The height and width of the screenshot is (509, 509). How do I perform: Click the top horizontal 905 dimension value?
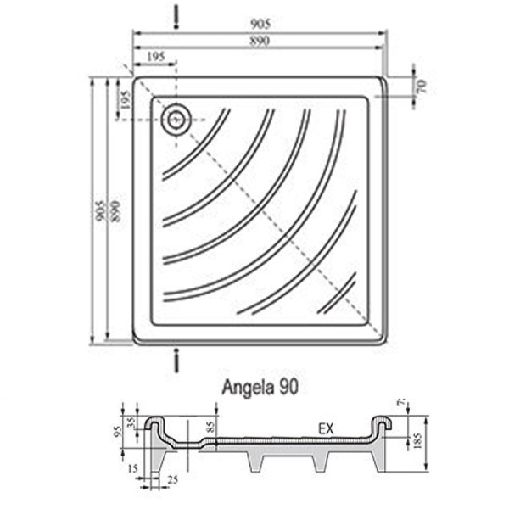pyautogui.click(x=260, y=25)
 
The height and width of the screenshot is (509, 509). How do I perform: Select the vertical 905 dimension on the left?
pyautogui.click(x=100, y=211)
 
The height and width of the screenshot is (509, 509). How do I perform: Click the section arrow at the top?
pyautogui.click(x=176, y=14)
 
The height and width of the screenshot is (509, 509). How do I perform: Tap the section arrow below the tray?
pyautogui.click(x=176, y=360)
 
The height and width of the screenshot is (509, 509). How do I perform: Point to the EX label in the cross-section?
pyautogui.click(x=327, y=428)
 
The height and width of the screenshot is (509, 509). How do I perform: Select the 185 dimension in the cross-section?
pyautogui.click(x=417, y=441)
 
